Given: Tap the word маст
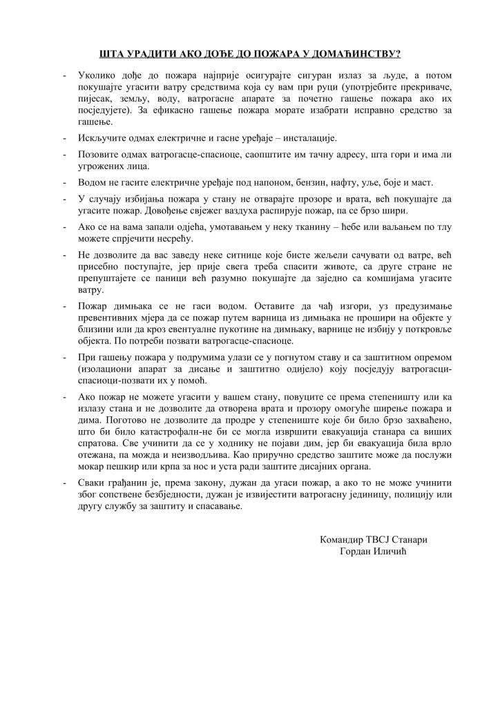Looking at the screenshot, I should [x=420, y=184].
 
